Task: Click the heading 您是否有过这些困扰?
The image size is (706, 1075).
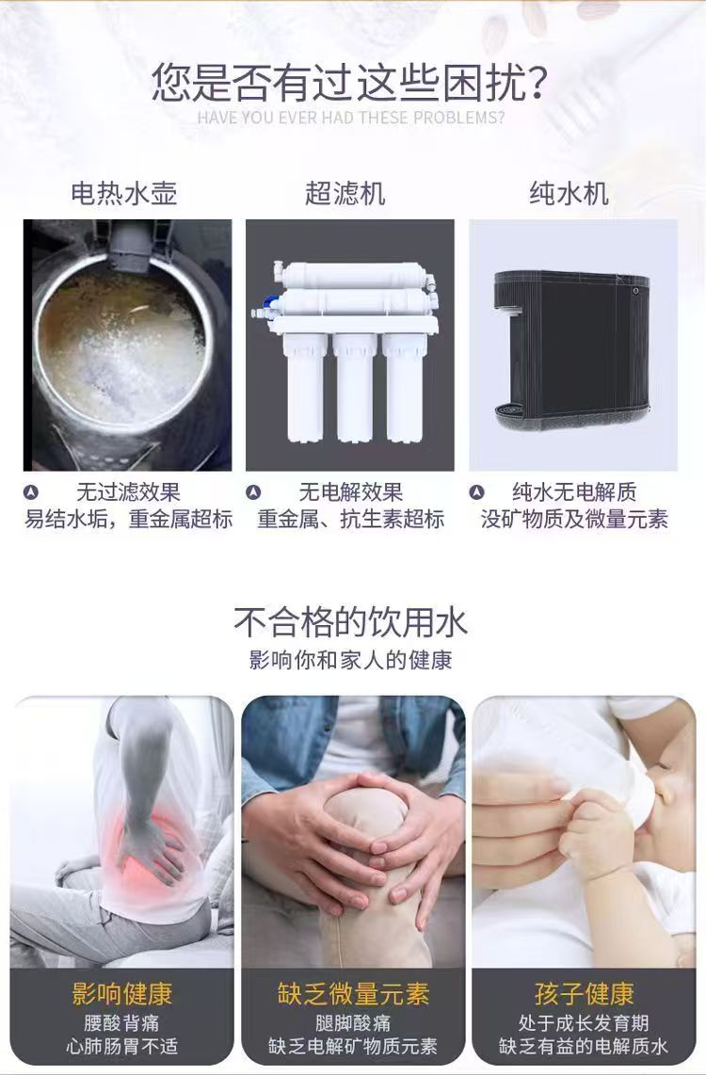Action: point(349,82)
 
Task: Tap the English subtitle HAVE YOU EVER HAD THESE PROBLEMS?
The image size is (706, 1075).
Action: point(350,118)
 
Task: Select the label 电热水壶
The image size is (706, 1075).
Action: point(124,193)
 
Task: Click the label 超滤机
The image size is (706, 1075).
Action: point(345,193)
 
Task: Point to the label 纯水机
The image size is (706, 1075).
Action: point(569,193)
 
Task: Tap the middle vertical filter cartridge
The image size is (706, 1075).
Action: point(355,387)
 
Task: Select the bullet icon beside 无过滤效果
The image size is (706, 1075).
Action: point(31,492)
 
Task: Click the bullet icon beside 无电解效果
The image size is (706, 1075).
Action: point(253,492)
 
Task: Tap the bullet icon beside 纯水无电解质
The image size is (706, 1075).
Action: point(477,492)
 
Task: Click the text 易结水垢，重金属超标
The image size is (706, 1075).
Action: point(129,519)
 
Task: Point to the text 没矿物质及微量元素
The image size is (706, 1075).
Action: point(574,519)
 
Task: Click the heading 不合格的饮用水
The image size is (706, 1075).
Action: point(350,622)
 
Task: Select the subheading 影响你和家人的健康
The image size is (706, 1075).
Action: point(350,660)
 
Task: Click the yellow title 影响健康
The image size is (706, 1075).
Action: point(122,993)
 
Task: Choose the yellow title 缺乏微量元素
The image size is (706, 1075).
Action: point(353,993)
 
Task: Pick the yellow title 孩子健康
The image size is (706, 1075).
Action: point(584,993)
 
